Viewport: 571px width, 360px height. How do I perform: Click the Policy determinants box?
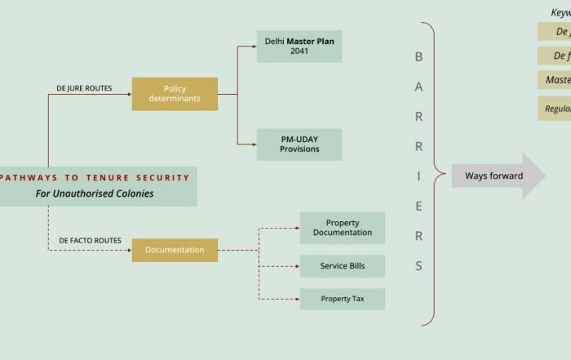175,94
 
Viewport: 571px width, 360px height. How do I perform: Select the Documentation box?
175,250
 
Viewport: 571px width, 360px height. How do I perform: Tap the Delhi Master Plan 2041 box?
299,46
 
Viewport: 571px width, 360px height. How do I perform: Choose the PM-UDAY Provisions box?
299,144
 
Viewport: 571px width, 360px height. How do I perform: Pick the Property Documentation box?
342,228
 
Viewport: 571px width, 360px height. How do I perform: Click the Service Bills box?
342,266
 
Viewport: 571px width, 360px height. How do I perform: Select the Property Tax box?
342,299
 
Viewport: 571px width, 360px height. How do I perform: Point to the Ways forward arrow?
497,176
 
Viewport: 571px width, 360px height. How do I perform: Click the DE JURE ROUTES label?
85,87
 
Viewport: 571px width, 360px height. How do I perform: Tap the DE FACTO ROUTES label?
90,241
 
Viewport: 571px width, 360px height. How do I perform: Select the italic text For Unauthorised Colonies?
94,194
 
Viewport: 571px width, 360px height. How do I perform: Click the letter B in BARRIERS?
419,57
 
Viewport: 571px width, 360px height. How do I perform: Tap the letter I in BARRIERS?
419,176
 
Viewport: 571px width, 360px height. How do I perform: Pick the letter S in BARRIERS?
419,265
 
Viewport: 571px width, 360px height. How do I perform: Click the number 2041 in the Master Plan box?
299,51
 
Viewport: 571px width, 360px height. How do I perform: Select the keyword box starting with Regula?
555,109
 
